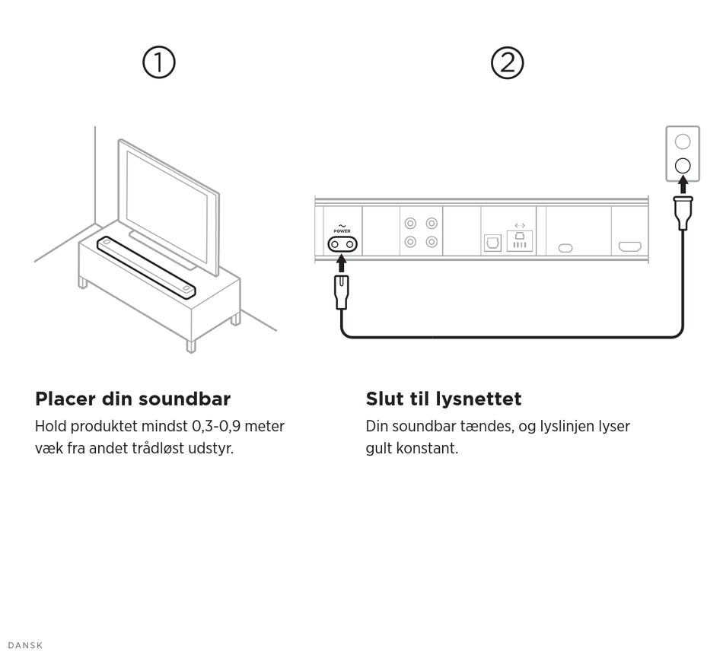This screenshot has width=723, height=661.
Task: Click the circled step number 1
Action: (159, 62)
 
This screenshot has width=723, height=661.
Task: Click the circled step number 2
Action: (508, 62)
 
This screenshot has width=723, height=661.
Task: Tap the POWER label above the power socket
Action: (342, 231)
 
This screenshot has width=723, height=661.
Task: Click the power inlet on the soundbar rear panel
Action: (342, 244)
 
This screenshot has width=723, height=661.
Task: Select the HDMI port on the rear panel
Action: (629, 247)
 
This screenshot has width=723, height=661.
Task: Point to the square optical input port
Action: (492, 243)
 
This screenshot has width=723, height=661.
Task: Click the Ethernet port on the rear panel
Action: (520, 241)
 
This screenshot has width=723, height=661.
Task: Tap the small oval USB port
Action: (565, 248)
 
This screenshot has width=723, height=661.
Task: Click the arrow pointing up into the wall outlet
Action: (683, 185)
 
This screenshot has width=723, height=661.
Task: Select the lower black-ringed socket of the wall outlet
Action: (683, 165)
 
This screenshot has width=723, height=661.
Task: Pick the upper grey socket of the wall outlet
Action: (683, 141)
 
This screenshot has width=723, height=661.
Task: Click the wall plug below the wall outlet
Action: (683, 212)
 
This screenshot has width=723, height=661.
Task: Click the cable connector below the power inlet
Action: (342, 292)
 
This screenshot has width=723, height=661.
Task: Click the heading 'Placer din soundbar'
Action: (132, 399)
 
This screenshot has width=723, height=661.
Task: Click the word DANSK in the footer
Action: (25, 646)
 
